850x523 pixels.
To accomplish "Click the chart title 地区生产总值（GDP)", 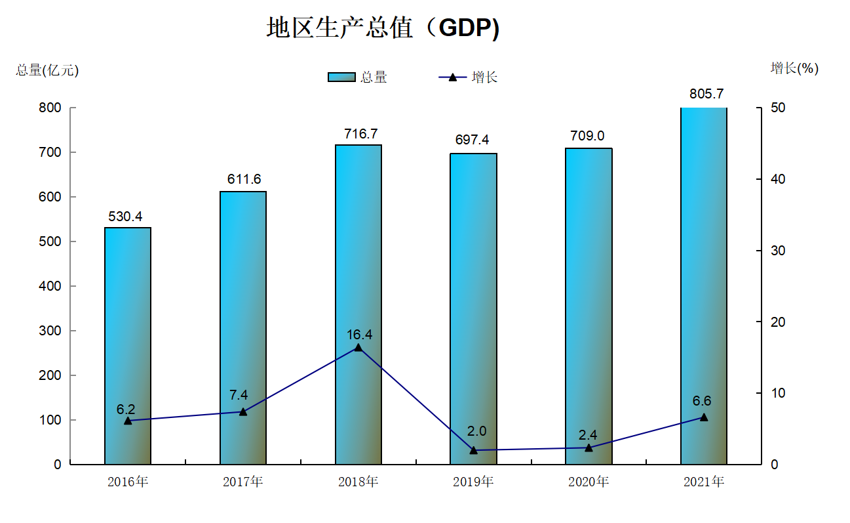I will point(383,28).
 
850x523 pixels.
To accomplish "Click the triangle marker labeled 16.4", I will point(358,347).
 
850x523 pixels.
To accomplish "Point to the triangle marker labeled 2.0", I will point(473,450).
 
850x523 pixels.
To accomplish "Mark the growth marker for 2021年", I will point(704,417).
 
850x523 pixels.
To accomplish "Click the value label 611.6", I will point(243,179).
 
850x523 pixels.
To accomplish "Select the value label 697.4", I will point(473,140).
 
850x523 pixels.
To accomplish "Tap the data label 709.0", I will point(588,136).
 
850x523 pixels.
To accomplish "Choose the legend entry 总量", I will point(358,77).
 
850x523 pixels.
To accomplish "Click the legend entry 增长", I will point(469,77).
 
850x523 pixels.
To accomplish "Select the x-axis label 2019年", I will point(473,482).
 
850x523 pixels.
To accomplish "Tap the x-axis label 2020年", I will point(588,482).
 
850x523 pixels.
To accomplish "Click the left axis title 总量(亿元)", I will point(47,70).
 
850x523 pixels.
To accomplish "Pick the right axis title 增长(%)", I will point(794,68).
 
